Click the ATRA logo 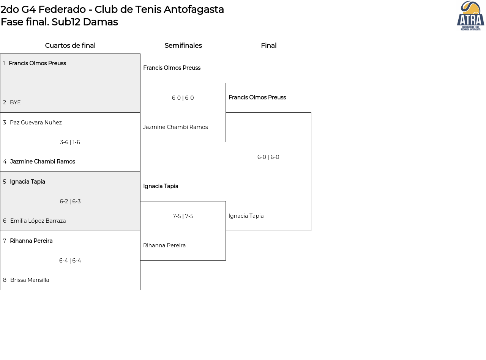470,16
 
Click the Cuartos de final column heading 70,46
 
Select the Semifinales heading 183,46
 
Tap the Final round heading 269,46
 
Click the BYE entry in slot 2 15,102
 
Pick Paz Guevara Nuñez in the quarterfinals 36,123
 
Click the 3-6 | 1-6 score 70,142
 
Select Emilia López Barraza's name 38,221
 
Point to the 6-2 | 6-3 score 70,201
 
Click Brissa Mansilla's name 30,280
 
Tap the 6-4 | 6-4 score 70,261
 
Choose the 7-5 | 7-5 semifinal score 183,216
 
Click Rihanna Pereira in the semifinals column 164,245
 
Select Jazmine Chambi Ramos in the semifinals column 175,127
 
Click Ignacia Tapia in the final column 246,216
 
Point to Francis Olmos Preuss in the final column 257,97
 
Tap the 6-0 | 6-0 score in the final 268,157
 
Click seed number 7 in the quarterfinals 5,241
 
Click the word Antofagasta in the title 194,9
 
